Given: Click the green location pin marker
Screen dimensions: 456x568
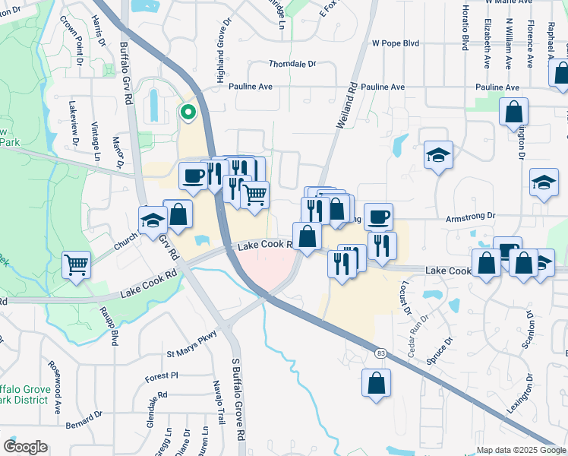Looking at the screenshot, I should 187,113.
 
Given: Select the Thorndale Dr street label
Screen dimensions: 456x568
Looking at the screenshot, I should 292,65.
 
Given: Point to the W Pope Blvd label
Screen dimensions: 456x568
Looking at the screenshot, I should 395,44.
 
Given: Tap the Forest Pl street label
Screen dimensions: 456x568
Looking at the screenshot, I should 162,375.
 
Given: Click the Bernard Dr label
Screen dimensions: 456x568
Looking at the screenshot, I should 84,423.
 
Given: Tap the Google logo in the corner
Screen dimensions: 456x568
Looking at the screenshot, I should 25,447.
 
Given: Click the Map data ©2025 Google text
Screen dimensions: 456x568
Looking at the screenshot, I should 521,450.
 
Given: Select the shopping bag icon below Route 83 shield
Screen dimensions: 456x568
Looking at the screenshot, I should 376,384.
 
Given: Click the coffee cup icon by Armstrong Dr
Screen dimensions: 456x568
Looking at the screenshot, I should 378,217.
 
